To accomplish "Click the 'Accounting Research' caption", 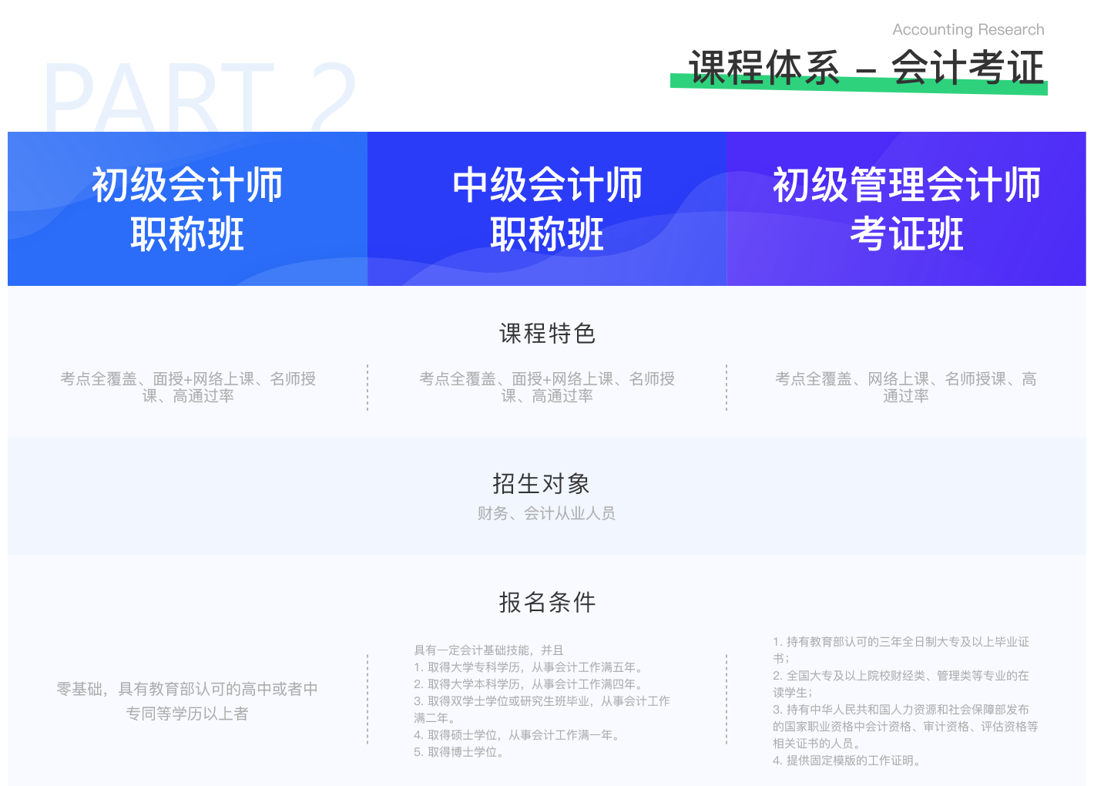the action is [968, 30].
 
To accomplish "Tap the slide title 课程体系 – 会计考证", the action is [866, 67].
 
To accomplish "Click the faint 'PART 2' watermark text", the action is [200, 96].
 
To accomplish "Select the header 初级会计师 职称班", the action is [187, 209].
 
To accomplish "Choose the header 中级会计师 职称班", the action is [547, 209].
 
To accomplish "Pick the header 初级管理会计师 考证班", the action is [907, 209].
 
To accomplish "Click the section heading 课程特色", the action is [547, 334].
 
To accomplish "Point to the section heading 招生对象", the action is [541, 484].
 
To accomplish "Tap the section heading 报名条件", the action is [547, 603].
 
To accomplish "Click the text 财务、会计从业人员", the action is [546, 513].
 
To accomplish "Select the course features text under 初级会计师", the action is [188, 387].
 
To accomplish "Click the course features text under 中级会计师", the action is [547, 387].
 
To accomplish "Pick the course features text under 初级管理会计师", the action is [906, 387].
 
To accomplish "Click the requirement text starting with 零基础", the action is [187, 701].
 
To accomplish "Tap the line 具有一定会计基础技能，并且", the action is [488, 650].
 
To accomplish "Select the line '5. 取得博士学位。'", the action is [458, 752].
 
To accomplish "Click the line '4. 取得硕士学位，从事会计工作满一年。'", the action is [517, 734].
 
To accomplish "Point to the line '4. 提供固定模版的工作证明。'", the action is [847, 760].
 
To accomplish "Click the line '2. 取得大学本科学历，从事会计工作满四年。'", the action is [529, 684].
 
